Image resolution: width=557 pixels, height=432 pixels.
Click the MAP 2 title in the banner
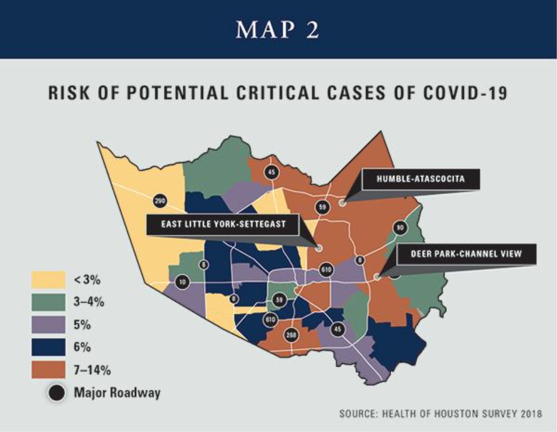[x=278, y=30]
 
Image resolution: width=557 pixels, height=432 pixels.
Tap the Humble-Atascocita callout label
[x=420, y=179]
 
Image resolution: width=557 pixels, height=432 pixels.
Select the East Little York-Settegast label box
[x=223, y=224]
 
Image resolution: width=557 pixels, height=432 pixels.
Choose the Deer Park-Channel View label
[x=466, y=254]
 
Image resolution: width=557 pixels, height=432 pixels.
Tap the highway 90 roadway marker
[x=400, y=228]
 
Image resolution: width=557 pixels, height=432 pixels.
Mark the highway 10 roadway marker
[x=182, y=282]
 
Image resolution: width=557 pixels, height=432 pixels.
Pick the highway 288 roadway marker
[x=291, y=335]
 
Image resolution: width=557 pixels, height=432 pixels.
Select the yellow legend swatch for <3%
[x=47, y=280]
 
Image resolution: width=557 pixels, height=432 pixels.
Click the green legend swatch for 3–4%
[x=47, y=302]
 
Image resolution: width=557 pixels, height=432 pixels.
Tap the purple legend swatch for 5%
[x=47, y=325]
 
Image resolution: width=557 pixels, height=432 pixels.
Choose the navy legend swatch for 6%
[x=47, y=347]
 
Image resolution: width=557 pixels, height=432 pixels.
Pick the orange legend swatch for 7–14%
[x=47, y=369]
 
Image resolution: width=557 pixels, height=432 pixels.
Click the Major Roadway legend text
[x=117, y=393]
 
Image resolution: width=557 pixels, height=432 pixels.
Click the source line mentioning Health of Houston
[x=439, y=412]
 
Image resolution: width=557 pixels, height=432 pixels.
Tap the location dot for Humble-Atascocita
[x=342, y=202]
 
